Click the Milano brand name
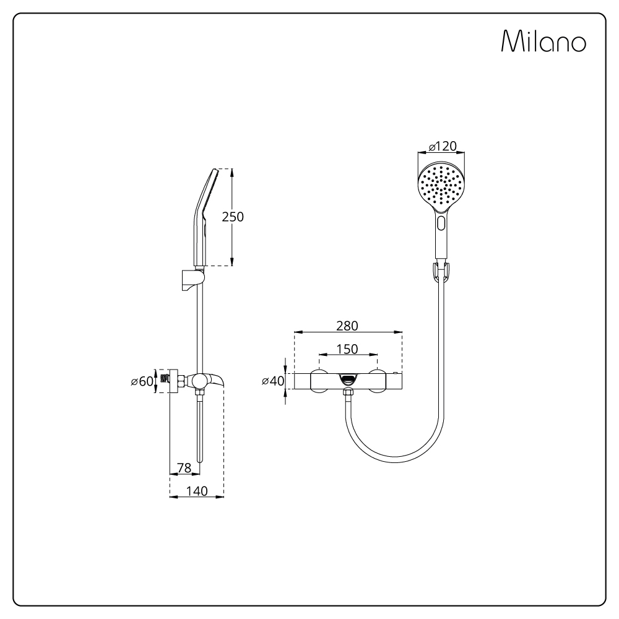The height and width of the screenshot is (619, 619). click(543, 41)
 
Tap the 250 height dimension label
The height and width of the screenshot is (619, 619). click(233, 217)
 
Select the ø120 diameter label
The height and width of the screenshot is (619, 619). click(443, 146)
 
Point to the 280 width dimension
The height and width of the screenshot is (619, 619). click(347, 326)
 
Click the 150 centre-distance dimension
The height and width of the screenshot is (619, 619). click(347, 349)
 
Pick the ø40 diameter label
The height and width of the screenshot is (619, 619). click(273, 381)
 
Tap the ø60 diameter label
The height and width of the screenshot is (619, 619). click(142, 381)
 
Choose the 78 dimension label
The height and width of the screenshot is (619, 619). click(184, 468)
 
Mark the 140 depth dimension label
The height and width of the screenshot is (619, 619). click(197, 491)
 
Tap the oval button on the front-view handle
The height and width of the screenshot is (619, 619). click(441, 223)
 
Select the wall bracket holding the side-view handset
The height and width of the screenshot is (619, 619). click(193, 279)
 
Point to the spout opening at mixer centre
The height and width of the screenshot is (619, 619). click(347, 380)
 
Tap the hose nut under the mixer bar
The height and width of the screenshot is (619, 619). click(348, 393)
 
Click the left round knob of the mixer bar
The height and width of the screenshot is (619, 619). click(319, 381)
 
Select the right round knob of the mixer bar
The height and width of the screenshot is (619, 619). click(378, 381)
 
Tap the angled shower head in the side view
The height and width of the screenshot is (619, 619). click(205, 217)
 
